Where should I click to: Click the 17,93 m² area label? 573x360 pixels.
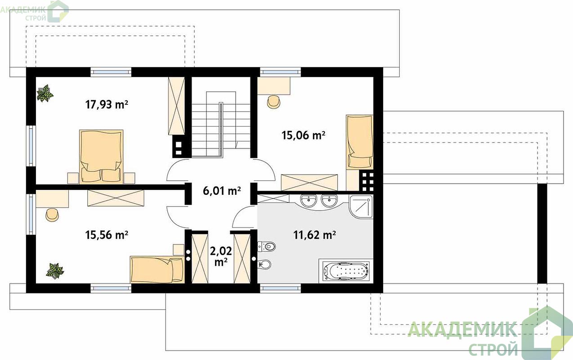tap(107, 105)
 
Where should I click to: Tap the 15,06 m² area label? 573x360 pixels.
tap(304, 135)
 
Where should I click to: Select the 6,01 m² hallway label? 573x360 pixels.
tap(222, 191)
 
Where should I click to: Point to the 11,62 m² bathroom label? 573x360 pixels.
tap(314, 235)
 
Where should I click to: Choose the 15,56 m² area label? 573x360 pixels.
tap(107, 235)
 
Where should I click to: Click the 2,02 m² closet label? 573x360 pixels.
tap(221, 256)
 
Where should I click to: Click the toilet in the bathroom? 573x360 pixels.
tap(267, 247)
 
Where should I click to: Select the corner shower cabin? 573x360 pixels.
tap(361, 207)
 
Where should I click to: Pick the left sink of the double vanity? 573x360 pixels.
tap(309, 201)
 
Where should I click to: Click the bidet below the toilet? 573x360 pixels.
tap(264, 264)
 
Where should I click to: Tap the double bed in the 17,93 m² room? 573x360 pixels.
tap(101, 157)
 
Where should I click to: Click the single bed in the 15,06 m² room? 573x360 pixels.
tap(360, 142)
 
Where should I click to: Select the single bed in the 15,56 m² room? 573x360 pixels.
tap(157, 270)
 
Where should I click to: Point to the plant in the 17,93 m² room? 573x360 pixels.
tap(45, 94)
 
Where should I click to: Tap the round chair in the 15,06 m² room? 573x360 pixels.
tap(273, 102)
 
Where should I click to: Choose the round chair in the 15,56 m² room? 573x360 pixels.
tap(53, 215)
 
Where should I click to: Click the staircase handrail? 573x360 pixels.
tap(221, 130)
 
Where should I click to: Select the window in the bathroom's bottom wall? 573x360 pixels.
tap(281, 288)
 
